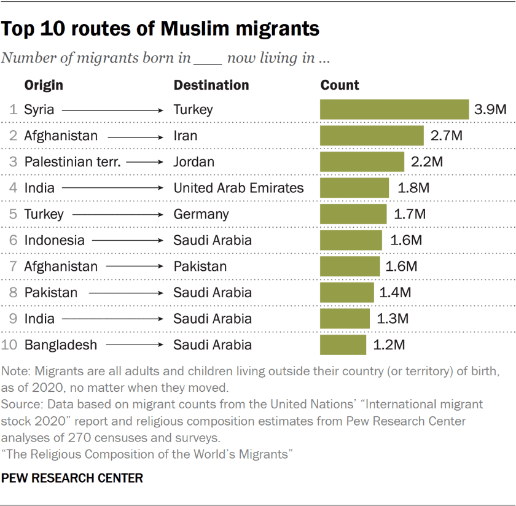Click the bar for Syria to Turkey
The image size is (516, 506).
[x=394, y=109]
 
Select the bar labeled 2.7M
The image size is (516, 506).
[x=372, y=136]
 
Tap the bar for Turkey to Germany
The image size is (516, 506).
[x=353, y=214]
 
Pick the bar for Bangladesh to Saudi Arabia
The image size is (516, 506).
[x=343, y=344]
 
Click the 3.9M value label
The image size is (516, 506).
[x=490, y=110]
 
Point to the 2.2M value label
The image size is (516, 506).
[x=427, y=162]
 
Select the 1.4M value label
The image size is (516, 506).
[x=395, y=292]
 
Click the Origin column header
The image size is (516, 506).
[x=44, y=85]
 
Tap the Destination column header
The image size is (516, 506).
[x=211, y=85]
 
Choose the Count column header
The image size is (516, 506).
[x=340, y=85]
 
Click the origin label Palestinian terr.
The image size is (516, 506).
[x=68, y=162]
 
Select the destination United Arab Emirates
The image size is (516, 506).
[x=238, y=188]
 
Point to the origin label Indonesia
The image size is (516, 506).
[x=54, y=240]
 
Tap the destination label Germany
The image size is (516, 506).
[x=201, y=214]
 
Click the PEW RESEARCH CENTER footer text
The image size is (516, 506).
[x=72, y=477]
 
